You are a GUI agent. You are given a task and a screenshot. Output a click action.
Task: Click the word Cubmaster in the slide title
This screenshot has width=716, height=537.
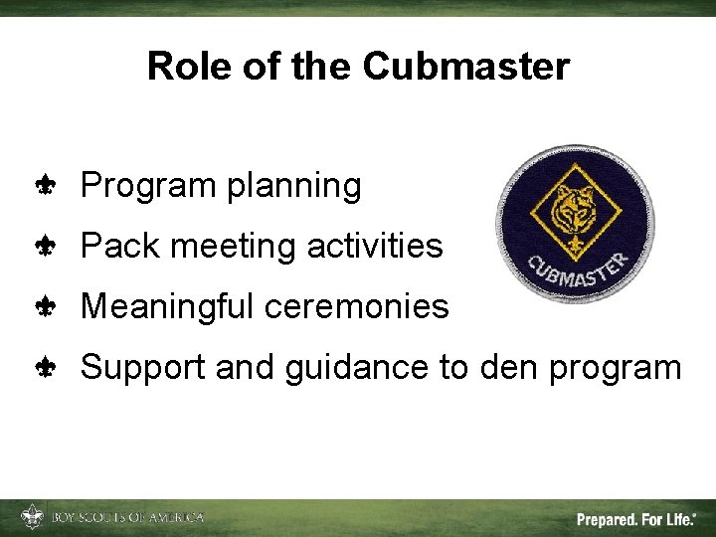coord(465,67)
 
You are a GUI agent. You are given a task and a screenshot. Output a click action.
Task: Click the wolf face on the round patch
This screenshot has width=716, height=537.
coord(575,204)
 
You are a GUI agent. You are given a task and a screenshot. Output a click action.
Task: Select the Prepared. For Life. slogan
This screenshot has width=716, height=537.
coord(635,518)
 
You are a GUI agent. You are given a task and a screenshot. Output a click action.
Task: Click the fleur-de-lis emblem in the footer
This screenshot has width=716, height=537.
coord(33,517)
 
